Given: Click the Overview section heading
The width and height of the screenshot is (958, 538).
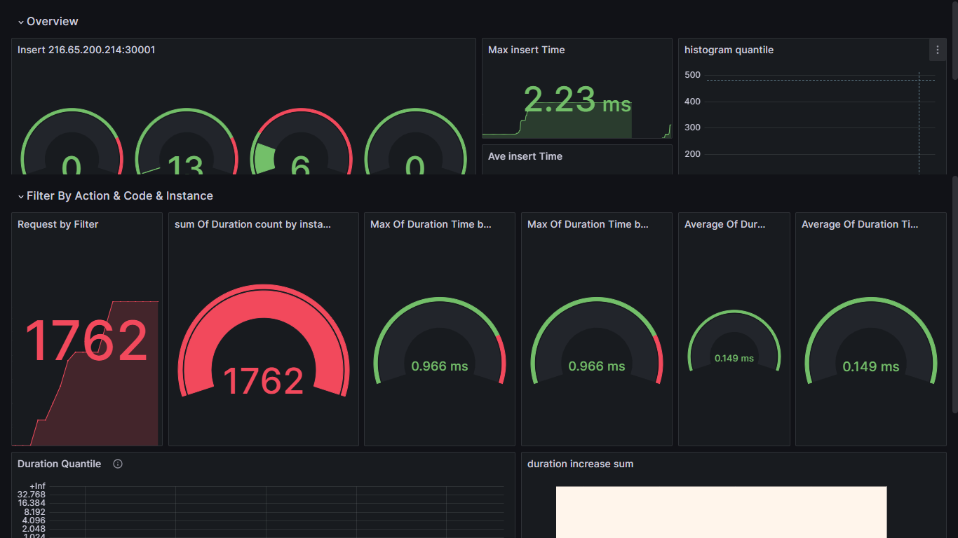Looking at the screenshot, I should (x=53, y=22).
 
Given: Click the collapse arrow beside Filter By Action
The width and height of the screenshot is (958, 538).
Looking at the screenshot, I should (x=21, y=197).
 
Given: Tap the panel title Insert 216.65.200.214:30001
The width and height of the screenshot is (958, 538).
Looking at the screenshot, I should (x=86, y=50).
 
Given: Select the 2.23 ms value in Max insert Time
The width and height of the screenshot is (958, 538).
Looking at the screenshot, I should (x=577, y=100).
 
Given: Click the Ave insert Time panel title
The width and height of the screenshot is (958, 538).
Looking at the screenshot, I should (x=525, y=156).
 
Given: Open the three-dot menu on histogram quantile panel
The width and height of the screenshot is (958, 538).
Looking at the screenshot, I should (x=938, y=50).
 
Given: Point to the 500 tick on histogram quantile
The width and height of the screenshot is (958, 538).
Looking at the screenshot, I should (x=692, y=75).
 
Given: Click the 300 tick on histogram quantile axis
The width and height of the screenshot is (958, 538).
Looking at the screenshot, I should (x=692, y=127).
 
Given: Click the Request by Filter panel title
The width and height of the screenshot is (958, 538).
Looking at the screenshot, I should (x=58, y=224).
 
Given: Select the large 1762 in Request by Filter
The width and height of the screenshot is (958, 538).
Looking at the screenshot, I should (x=86, y=341).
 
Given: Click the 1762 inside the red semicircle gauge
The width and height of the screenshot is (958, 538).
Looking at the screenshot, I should (x=263, y=380).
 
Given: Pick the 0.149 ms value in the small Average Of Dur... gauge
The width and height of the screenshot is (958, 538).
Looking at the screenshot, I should (x=734, y=358).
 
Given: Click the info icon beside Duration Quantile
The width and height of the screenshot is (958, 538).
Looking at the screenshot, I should (x=118, y=464).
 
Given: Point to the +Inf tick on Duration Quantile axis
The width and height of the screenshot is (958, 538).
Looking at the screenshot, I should (x=37, y=486).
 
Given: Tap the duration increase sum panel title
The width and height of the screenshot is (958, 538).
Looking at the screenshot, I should (x=580, y=464).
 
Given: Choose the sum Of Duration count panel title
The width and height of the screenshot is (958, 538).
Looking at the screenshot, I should (x=252, y=224).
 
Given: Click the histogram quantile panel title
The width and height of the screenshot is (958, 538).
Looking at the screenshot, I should (x=729, y=50).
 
